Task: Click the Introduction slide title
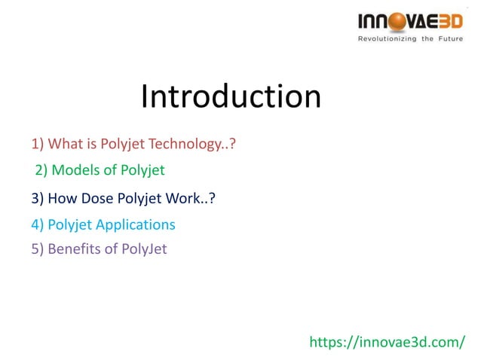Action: (231, 97)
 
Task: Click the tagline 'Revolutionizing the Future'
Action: (410, 38)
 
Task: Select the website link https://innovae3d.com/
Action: (388, 343)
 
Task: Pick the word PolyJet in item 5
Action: (144, 249)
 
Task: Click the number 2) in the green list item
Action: (42, 170)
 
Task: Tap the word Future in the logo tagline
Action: (450, 38)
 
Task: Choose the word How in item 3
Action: (62, 199)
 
